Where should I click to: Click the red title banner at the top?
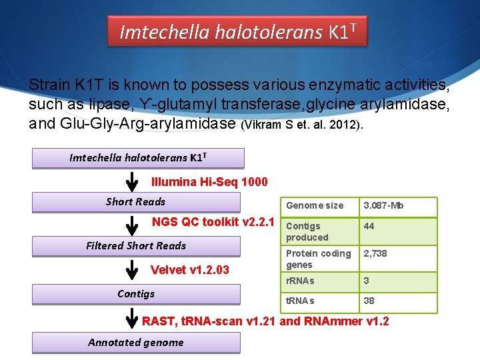pos(238,31)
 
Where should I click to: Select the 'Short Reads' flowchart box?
pos(136,202)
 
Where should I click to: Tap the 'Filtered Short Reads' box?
pos(136,246)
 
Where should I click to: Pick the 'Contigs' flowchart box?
pos(136,294)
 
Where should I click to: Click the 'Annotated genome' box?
pos(136,343)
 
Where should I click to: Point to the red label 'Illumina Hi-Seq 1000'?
pos(209,182)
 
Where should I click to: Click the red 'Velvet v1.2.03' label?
pos(190,270)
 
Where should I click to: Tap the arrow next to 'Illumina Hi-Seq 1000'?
pos(133,181)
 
